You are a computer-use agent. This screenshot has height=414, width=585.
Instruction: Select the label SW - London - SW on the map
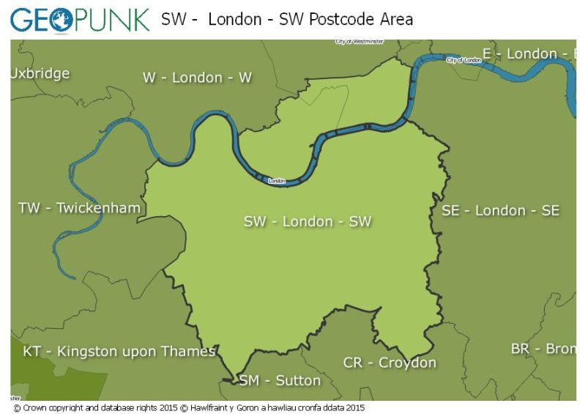[x=308, y=221]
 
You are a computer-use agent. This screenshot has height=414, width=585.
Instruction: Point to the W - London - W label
[x=197, y=78]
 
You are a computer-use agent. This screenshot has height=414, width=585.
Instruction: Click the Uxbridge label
[x=40, y=73]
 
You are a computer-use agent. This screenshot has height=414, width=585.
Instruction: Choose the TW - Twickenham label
[x=79, y=208]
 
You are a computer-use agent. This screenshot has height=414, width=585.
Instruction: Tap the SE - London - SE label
[x=500, y=211]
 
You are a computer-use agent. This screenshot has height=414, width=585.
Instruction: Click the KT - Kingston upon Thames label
[x=119, y=352]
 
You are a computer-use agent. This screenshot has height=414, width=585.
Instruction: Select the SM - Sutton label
[x=280, y=380]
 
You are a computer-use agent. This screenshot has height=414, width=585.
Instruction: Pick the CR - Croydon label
[x=390, y=363]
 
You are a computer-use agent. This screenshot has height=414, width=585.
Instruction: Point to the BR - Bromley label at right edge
[x=543, y=349]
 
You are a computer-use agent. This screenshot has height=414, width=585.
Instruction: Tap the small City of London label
[x=464, y=60]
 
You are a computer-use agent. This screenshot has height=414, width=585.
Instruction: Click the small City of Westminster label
[x=359, y=42]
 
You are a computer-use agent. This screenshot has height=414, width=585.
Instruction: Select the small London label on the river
[x=277, y=180]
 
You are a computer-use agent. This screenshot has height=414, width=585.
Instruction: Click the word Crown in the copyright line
[x=34, y=407]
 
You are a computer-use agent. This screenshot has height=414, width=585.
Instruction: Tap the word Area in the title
[x=395, y=20]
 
